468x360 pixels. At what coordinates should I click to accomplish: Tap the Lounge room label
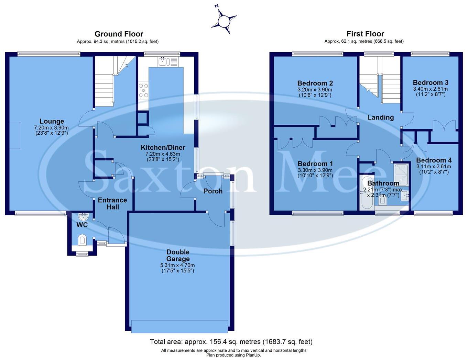point(52,121)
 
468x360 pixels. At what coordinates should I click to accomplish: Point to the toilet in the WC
point(82,239)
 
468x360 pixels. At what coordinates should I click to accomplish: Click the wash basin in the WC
point(83,217)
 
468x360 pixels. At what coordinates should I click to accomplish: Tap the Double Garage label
point(178,256)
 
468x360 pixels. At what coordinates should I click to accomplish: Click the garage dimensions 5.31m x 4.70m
point(177,265)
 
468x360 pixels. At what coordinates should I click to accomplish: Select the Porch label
point(213,191)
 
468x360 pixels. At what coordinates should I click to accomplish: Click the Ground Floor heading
point(119,34)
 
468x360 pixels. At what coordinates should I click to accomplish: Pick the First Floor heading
point(365,34)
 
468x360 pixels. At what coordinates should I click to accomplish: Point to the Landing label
point(380,117)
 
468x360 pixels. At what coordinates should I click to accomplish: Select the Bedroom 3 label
point(431,82)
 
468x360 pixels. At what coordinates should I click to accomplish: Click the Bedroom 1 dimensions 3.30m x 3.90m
point(315,170)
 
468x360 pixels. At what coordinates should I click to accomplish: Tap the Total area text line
point(231,342)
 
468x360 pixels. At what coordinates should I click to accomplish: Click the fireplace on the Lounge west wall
point(15,135)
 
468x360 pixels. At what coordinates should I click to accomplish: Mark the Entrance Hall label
point(112,203)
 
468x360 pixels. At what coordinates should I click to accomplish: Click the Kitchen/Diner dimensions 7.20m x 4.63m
point(163,154)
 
